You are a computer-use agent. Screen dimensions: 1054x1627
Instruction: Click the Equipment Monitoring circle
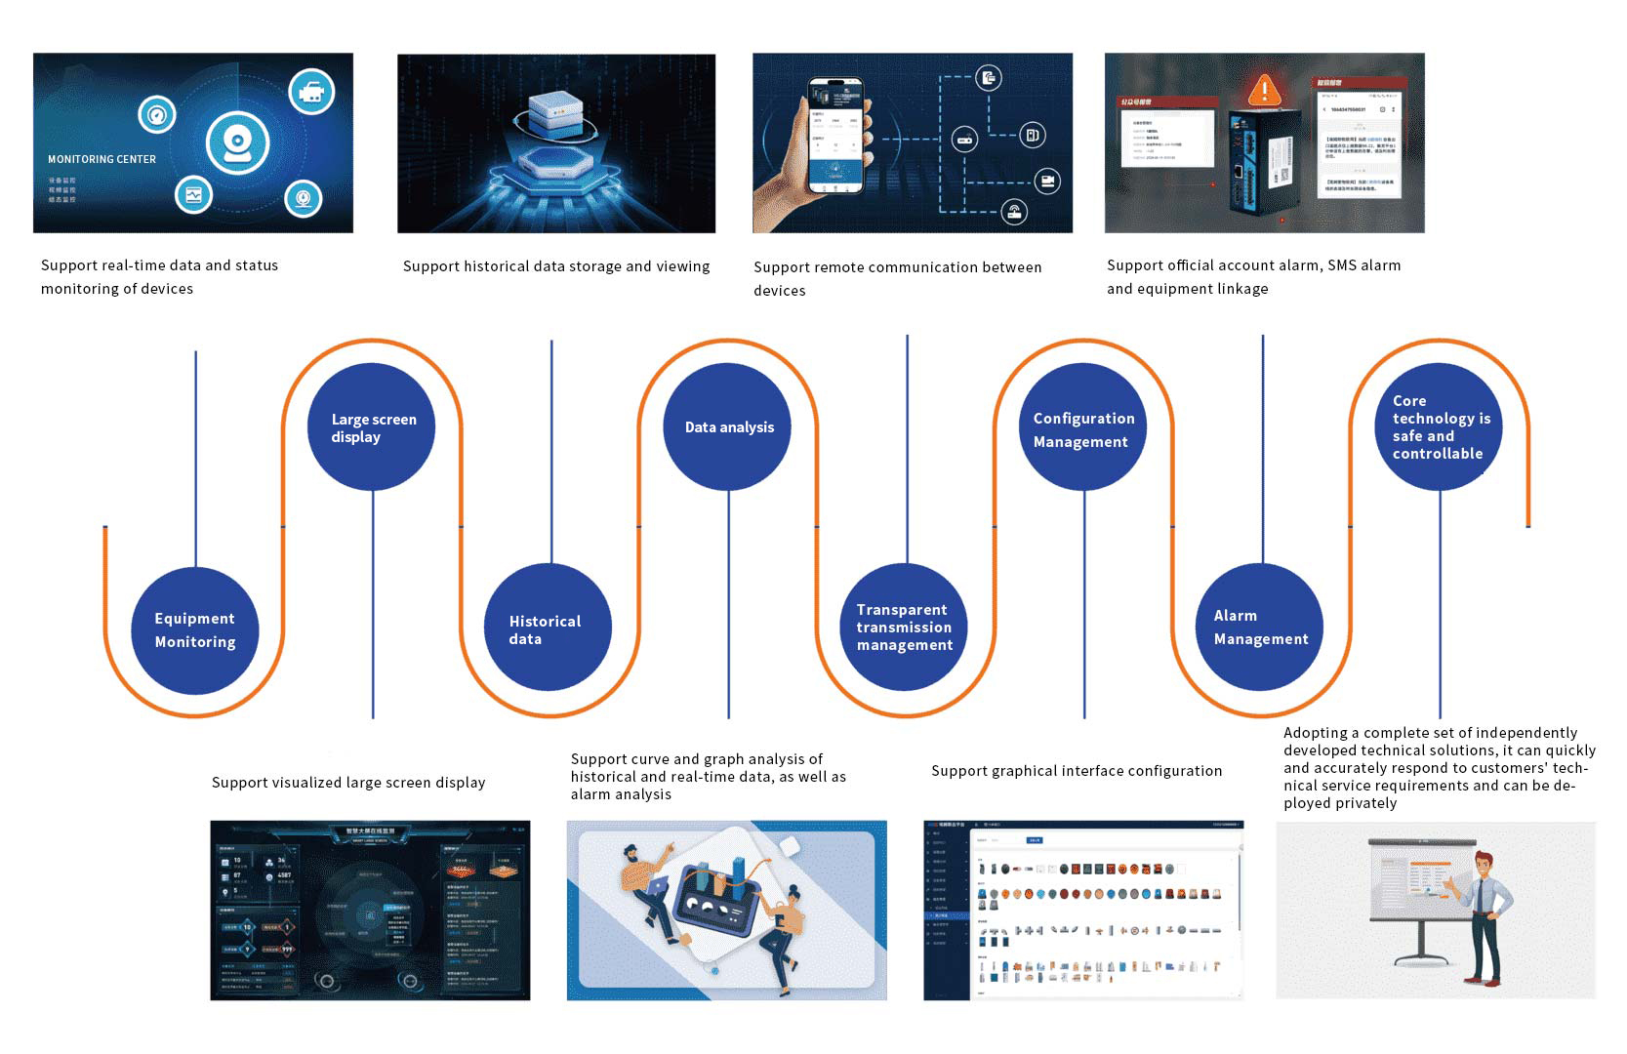tap(195, 630)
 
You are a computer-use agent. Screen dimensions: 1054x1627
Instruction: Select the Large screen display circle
tap(373, 427)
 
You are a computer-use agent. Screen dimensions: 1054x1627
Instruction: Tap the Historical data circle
tap(548, 628)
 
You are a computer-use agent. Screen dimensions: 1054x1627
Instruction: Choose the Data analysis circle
tap(728, 427)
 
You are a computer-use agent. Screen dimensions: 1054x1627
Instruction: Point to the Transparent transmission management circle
tap(904, 628)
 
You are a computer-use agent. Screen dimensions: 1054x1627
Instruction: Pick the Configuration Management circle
tap(1083, 427)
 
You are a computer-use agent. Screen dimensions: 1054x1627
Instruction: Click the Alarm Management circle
tap(1260, 628)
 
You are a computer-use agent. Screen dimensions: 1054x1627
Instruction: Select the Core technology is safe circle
tap(1440, 427)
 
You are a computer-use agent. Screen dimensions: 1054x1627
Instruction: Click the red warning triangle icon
tap(1265, 91)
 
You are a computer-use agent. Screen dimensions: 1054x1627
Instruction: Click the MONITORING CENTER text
tap(102, 159)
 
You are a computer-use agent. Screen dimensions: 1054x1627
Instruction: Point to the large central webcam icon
tap(237, 142)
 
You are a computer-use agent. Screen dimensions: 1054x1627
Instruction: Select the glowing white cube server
tap(555, 114)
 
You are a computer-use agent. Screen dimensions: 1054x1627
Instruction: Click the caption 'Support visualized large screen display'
tap(348, 783)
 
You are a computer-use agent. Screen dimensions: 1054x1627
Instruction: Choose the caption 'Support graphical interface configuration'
tap(1077, 771)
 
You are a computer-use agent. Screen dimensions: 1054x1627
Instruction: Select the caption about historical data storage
tap(556, 266)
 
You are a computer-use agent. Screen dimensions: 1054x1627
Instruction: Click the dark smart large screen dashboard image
tap(370, 910)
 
